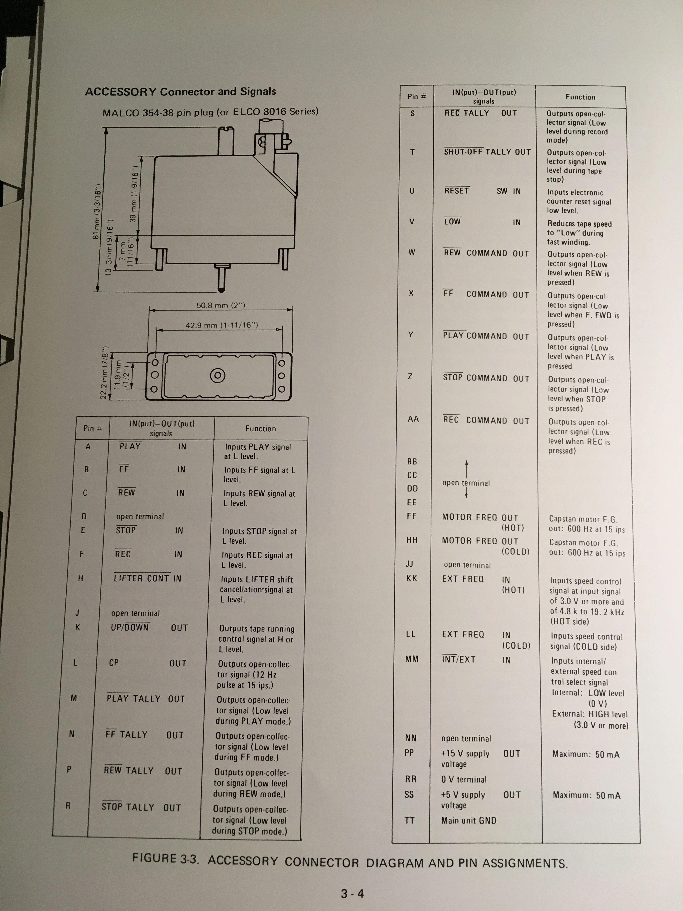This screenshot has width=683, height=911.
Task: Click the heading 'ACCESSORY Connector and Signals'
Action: (x=180, y=92)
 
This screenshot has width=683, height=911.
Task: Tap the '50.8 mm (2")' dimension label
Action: (x=221, y=305)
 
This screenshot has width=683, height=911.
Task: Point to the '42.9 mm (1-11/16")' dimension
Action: (x=222, y=325)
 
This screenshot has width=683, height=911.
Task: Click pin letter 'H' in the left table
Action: (x=81, y=578)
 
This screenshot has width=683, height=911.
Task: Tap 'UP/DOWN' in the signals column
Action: (x=130, y=627)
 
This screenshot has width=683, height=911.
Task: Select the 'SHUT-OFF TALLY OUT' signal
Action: (x=487, y=152)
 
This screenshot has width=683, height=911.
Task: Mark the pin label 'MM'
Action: (x=412, y=659)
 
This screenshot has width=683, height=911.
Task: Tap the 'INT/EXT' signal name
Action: (x=459, y=659)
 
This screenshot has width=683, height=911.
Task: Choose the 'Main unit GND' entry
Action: (x=469, y=820)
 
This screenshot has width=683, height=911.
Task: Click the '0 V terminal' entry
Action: (x=464, y=779)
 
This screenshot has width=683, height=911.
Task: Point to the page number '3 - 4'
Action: (x=352, y=893)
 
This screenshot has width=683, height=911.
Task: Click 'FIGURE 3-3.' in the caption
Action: (x=166, y=858)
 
